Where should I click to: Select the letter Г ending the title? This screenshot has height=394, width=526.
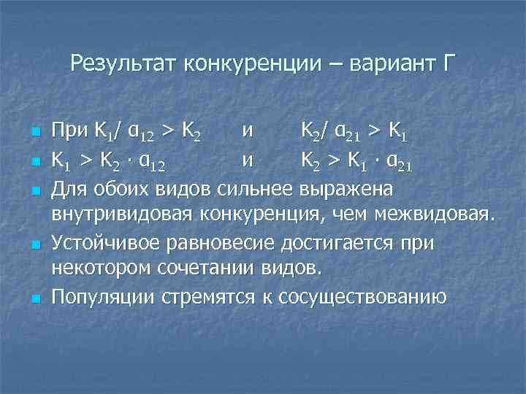(x=448, y=63)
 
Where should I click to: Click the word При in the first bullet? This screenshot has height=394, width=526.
(x=70, y=132)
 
